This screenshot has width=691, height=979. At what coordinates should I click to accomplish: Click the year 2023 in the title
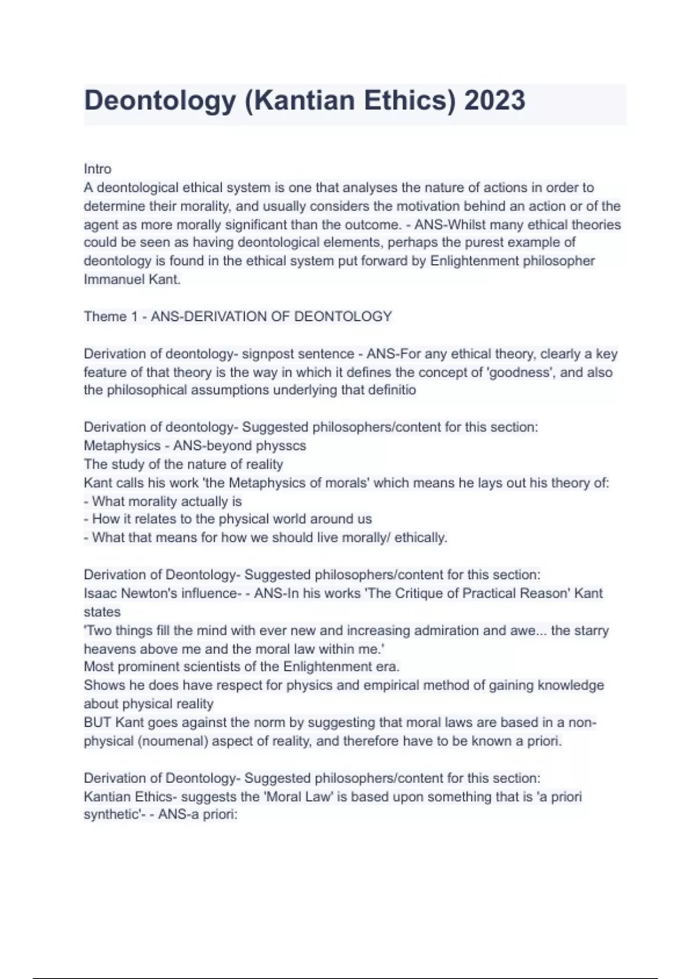click(495, 100)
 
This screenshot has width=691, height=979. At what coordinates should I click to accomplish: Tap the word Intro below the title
click(98, 169)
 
